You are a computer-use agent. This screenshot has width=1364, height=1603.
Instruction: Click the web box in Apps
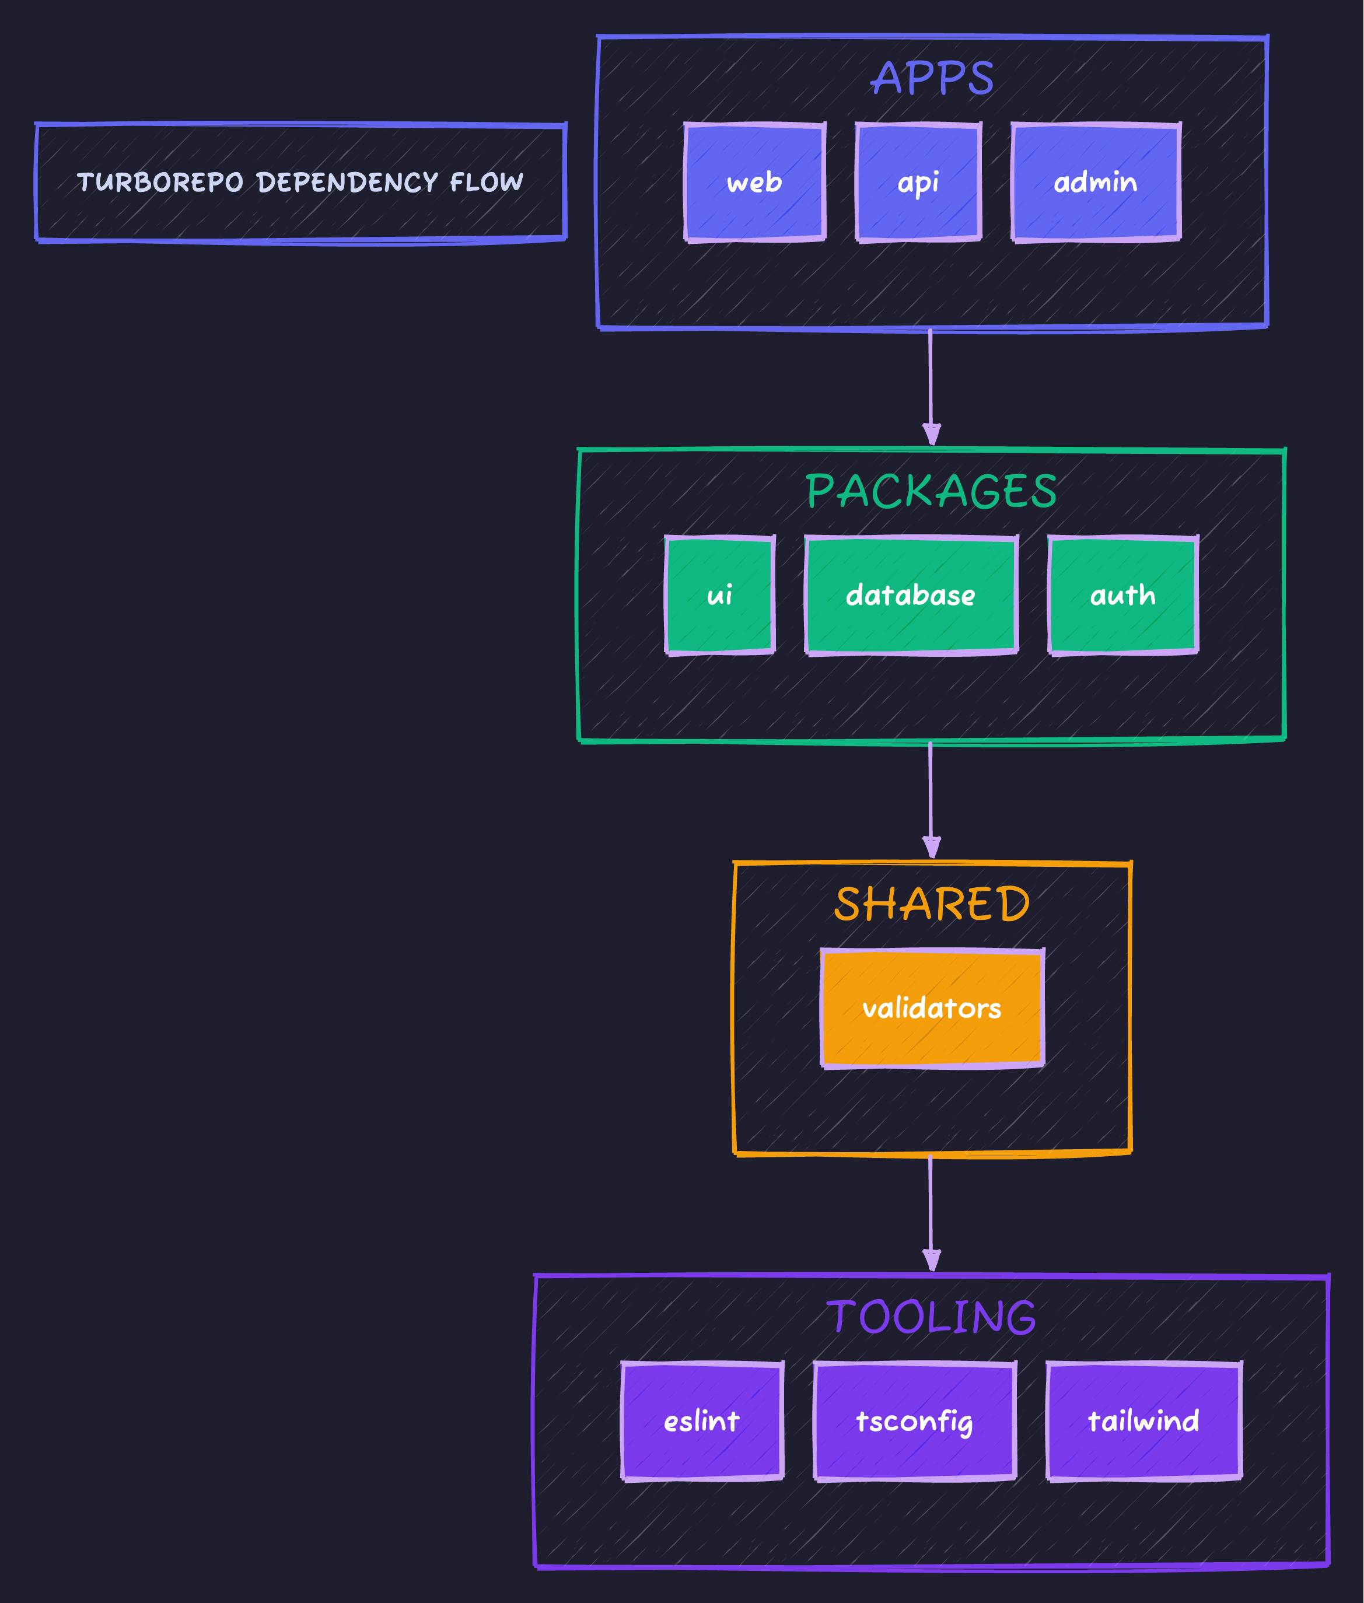click(755, 183)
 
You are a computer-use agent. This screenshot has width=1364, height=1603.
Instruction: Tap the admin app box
click(1095, 183)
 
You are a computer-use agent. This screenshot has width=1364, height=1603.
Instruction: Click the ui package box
click(719, 596)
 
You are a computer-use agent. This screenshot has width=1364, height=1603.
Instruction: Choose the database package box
click(911, 596)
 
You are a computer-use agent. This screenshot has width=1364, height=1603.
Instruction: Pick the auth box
click(1122, 596)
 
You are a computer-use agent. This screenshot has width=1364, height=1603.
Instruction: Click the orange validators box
click(932, 1009)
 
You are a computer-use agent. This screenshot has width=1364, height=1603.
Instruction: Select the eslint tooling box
click(701, 1421)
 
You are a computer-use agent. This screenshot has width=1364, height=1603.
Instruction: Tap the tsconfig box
click(914, 1421)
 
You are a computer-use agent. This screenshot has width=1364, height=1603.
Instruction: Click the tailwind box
click(1143, 1421)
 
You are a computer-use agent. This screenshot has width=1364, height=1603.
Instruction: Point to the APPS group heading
click(932, 78)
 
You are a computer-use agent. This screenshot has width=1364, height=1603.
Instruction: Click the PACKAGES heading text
click(931, 491)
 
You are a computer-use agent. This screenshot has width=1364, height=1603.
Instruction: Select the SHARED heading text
click(932, 904)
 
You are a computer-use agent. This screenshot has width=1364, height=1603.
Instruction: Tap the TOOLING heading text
click(931, 1317)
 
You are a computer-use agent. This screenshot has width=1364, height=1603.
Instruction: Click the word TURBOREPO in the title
click(160, 183)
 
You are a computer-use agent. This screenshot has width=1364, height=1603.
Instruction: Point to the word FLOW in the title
click(487, 183)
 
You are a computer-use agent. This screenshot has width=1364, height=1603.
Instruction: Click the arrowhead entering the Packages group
click(932, 435)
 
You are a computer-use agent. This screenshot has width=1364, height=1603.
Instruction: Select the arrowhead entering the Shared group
click(932, 848)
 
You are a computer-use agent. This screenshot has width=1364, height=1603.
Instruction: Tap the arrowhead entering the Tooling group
click(932, 1261)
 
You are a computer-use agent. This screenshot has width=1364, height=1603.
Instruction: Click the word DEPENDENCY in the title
click(347, 183)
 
